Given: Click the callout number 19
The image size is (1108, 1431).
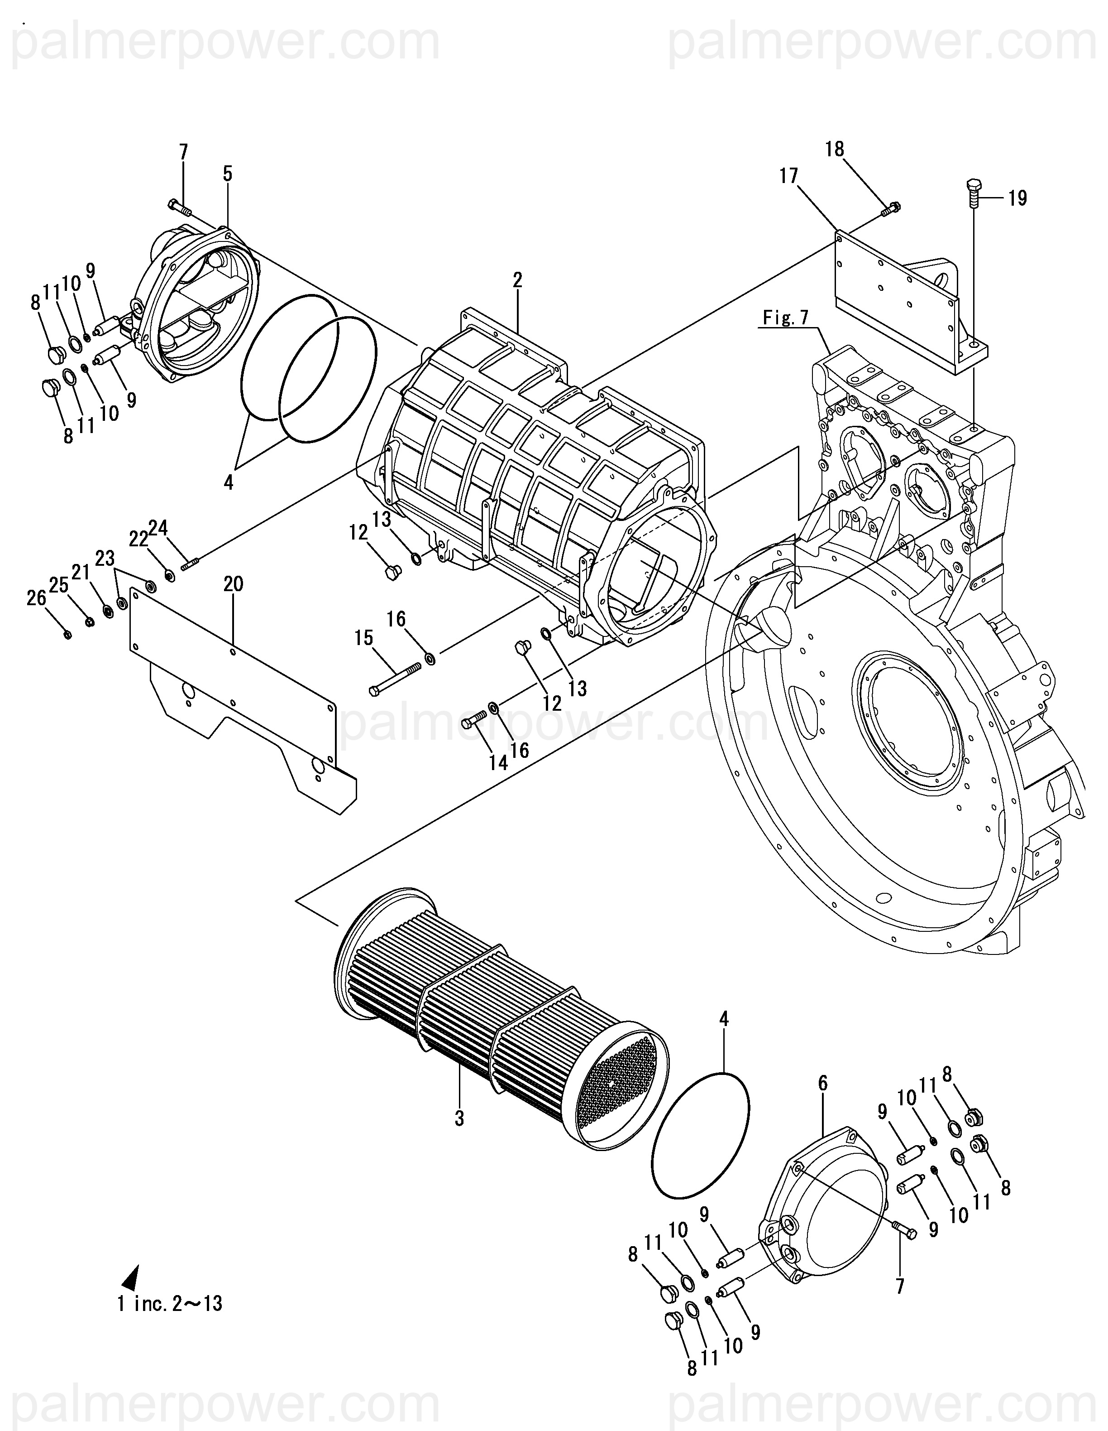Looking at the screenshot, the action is click(x=1017, y=198).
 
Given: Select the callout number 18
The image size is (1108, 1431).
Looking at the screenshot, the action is click(x=835, y=149).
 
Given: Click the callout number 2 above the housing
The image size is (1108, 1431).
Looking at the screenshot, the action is click(x=517, y=280).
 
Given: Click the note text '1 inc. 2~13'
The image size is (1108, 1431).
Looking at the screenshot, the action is click(x=170, y=1303).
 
